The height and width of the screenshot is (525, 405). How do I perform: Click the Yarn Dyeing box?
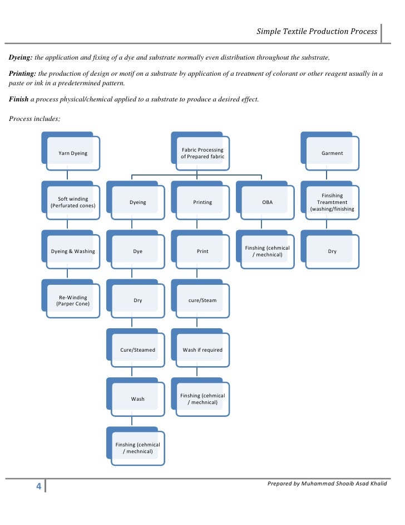click(73, 153)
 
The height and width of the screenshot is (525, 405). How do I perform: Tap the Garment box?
click(332, 153)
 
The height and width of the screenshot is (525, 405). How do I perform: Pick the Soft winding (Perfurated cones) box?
click(73, 202)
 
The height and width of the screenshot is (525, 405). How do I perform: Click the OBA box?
click(268, 202)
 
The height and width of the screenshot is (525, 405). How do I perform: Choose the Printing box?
click(202, 202)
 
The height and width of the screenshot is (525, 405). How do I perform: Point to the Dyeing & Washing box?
click(73, 251)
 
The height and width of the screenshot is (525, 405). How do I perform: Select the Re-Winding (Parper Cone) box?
click(73, 300)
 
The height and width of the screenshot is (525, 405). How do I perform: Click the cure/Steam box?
click(202, 300)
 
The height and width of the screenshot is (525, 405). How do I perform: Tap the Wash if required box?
click(202, 350)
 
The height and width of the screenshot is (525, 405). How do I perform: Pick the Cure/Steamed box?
click(137, 350)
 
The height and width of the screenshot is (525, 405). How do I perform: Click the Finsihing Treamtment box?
click(332, 202)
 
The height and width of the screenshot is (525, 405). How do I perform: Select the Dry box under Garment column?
click(332, 251)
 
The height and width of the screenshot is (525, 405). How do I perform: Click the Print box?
click(202, 251)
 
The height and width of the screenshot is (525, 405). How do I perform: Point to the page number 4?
click(38, 487)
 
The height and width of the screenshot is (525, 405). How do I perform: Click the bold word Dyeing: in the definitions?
click(21, 58)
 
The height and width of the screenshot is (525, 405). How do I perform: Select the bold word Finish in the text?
click(19, 99)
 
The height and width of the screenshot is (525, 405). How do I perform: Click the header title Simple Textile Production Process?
click(317, 32)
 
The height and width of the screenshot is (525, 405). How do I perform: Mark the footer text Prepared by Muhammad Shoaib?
click(327, 483)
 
